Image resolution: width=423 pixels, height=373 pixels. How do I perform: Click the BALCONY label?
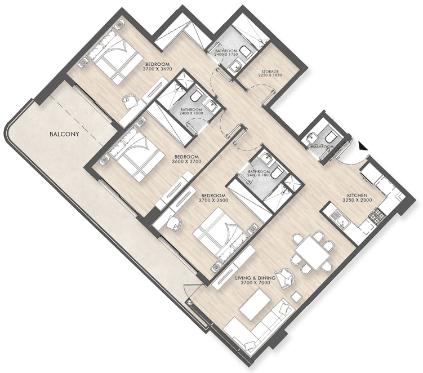coord(64,134)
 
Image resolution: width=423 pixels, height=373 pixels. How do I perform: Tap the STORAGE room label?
coord(270,72)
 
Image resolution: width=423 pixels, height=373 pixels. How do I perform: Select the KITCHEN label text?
coord(357,196)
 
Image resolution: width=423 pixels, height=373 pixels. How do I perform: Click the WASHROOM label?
coord(322,147)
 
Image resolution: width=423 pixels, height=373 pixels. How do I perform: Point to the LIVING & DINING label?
coord(255,278)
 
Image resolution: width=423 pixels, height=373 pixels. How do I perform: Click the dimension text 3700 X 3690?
coord(158,69)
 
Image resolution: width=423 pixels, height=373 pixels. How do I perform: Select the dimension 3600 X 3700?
coord(186,162)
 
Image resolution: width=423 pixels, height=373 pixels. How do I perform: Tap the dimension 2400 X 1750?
coord(226,55)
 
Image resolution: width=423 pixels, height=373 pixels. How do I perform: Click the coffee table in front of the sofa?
coord(255,304)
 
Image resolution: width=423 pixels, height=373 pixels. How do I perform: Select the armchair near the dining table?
coord(284,278)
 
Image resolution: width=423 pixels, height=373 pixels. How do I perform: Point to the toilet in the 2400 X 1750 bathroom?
coord(246,52)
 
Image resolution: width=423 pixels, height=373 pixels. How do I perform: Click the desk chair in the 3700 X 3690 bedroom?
coord(130,101)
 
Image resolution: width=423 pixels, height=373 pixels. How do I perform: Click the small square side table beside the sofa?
coord(297,296)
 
